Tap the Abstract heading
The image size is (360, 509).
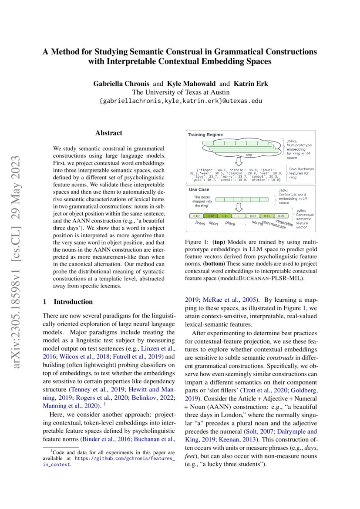point(109,133)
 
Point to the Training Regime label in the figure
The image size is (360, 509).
point(205,135)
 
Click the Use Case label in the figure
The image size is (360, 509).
point(199,189)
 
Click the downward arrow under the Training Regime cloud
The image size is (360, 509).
point(239,161)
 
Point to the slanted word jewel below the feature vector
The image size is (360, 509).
point(200,223)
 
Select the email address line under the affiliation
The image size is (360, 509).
point(180,101)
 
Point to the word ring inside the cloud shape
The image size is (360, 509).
point(249,154)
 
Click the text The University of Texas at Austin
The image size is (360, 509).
point(180,92)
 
